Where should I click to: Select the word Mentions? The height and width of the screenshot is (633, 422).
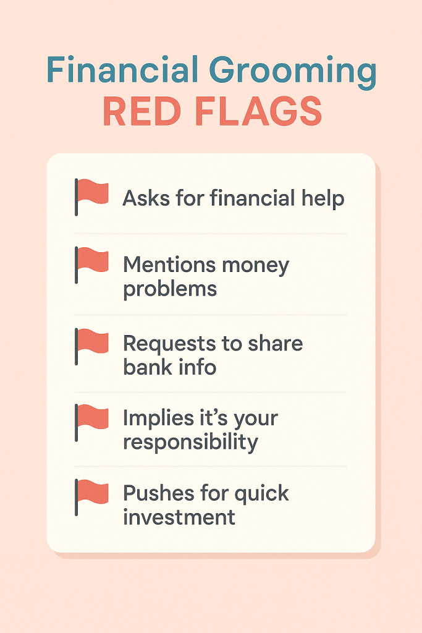click(165, 265)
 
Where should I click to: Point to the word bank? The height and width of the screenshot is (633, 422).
click(147, 367)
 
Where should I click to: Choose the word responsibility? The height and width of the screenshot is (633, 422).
click(190, 442)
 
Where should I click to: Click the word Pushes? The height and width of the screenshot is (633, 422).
click(158, 493)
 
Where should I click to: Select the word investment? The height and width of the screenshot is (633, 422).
click(179, 517)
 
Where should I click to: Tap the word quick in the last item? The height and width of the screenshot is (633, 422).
click(262, 493)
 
